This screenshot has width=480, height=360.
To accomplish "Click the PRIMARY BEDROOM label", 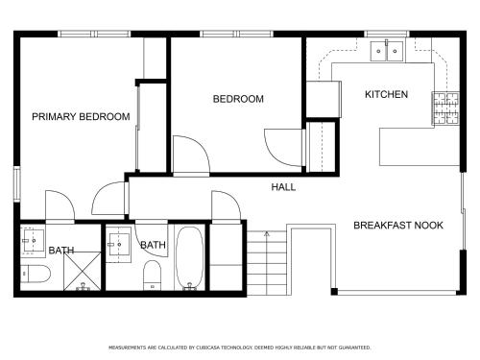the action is pos(81,116).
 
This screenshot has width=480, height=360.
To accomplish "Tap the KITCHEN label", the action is pos(386,94).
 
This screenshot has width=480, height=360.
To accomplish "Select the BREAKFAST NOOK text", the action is pos(398,226).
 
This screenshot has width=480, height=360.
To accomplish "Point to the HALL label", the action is pos(283,187).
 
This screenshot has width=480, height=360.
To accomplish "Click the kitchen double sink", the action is pos(387,51).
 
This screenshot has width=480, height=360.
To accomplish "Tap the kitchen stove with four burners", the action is pos(446,108).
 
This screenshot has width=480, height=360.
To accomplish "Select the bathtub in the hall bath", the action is pos(189,257).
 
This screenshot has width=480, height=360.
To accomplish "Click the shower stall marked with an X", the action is pos(83,271).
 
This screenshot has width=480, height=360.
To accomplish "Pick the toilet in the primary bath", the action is pos(36,274).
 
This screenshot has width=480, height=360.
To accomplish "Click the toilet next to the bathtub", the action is pos(152,276).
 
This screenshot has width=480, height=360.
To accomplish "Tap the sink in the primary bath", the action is pos(33,240).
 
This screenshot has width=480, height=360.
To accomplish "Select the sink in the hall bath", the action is pos(119,245).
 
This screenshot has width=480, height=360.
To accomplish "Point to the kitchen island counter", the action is pos(420,147).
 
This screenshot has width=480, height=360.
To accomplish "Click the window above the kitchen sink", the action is pos(387,34).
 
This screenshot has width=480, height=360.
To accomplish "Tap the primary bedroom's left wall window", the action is pos(16,184).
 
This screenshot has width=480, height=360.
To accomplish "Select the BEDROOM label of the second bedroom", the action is pos(238,99).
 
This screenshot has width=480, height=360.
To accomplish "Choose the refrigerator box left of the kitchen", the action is pos(324,99).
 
